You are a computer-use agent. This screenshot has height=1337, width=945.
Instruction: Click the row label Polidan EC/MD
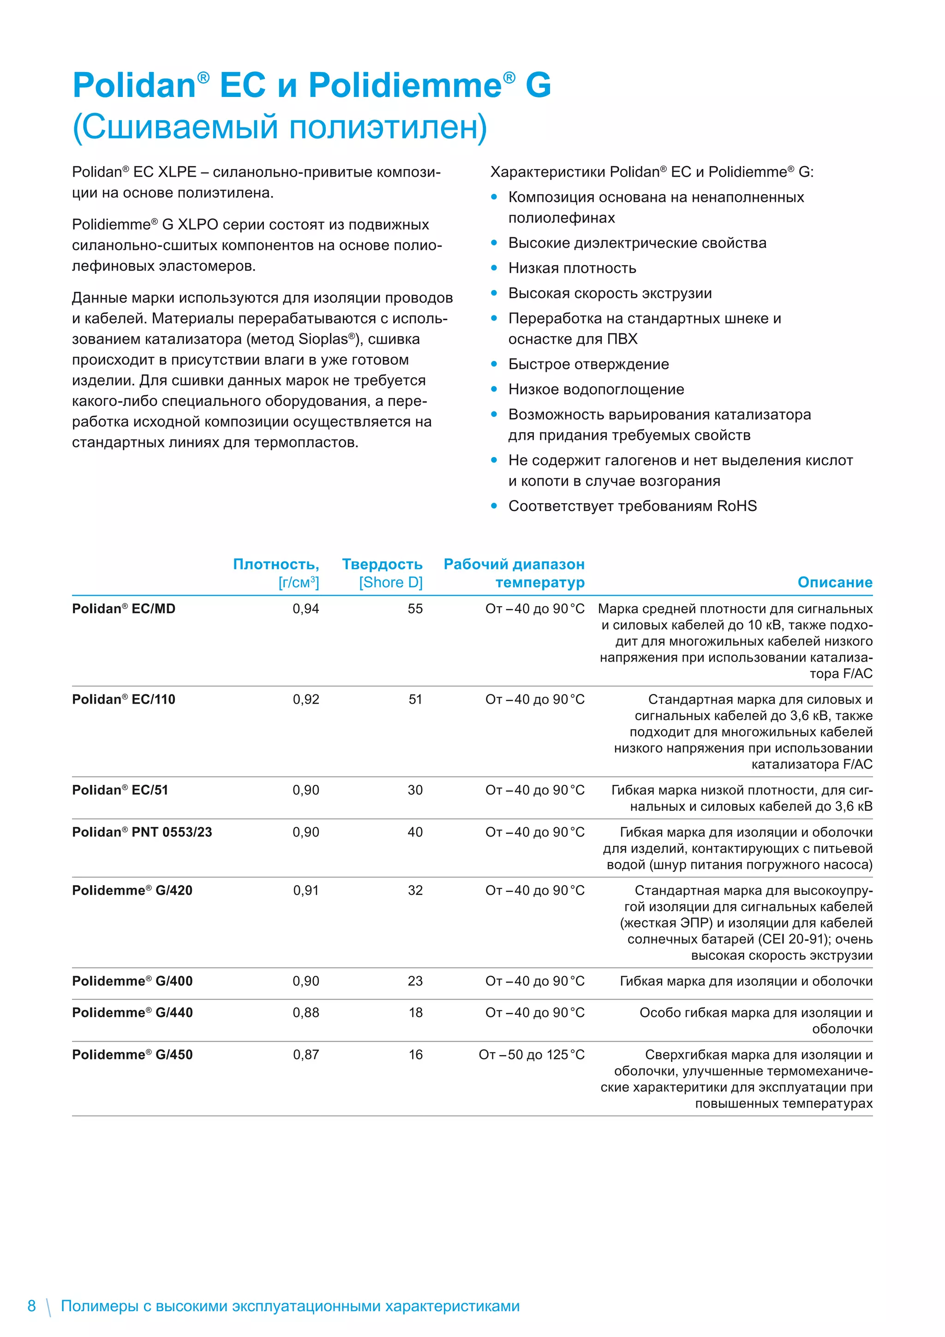tap(123, 608)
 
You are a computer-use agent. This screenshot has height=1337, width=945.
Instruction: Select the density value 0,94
tap(305, 608)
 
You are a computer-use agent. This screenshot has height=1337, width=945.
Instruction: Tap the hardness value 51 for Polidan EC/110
tap(415, 699)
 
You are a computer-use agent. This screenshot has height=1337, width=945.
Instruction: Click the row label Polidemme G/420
tap(132, 891)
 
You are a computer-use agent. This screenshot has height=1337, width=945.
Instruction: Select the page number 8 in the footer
tap(31, 1306)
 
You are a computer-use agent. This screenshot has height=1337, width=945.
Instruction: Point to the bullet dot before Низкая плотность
tap(494, 268)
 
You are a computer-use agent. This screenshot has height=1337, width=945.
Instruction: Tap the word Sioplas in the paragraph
tap(323, 339)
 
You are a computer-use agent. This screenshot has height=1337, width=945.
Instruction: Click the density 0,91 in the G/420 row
tap(305, 891)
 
